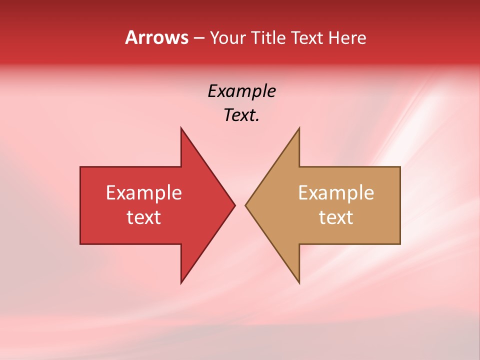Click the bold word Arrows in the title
(156, 37)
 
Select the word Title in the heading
(268, 37)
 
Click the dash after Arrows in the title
(198, 38)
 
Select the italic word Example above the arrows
(241, 91)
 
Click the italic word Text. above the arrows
(241, 115)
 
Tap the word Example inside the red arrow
(144, 193)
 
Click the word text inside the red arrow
(144, 217)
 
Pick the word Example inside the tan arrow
(336, 193)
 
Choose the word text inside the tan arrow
(336, 217)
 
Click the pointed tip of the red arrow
(234, 205)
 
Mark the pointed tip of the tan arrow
(245, 205)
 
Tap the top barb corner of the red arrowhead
(181, 127)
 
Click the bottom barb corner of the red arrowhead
(181, 283)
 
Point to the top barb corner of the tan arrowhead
(299, 127)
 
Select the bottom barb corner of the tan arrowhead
(299, 283)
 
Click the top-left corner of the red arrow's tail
(80, 167)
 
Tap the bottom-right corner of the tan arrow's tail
(400, 244)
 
